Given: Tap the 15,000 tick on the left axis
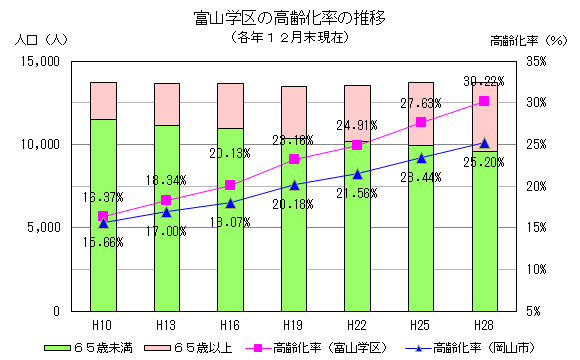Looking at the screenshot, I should coord(41,61).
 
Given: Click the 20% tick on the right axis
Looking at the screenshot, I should coord(535,186).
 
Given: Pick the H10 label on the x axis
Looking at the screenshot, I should coord(103,325).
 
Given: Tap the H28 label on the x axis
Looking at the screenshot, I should coord(484,325).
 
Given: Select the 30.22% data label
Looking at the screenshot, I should coord(483,81).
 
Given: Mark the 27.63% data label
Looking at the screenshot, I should coord(420,103).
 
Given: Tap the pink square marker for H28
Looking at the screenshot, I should coord(484,101).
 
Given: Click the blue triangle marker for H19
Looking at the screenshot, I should coord(294,185).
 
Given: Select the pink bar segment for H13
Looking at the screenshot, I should coord(167,104).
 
